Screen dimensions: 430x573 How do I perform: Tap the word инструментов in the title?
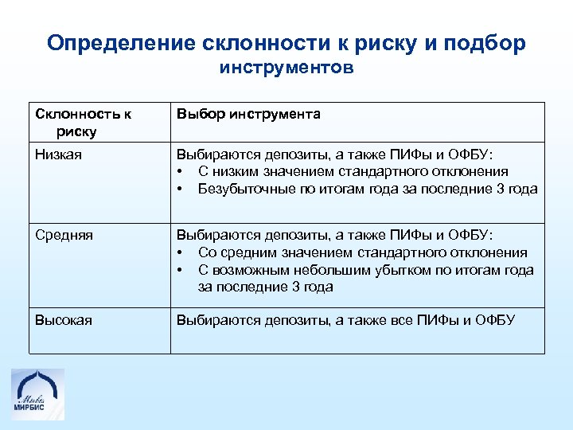(286, 68)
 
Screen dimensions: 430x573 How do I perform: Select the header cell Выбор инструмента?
(248, 114)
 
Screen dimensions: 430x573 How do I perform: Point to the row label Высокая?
(64, 320)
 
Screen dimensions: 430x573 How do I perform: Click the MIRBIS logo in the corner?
(38, 393)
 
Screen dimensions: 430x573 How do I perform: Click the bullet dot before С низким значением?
(181, 171)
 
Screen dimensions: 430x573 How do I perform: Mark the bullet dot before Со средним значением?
(181, 252)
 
